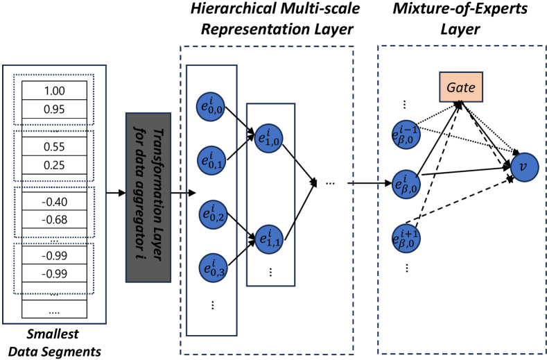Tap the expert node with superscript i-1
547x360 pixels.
tap(406, 132)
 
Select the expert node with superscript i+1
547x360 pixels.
tap(406, 237)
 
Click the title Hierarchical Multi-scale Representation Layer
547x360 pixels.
tap(268, 19)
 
